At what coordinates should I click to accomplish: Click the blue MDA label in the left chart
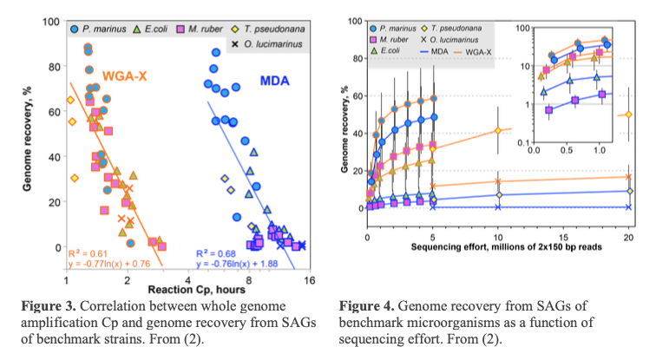pyautogui.click(x=276, y=81)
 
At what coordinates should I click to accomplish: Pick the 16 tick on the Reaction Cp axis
pyautogui.click(x=308, y=279)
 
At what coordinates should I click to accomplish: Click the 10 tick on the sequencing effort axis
pyautogui.click(x=498, y=237)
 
